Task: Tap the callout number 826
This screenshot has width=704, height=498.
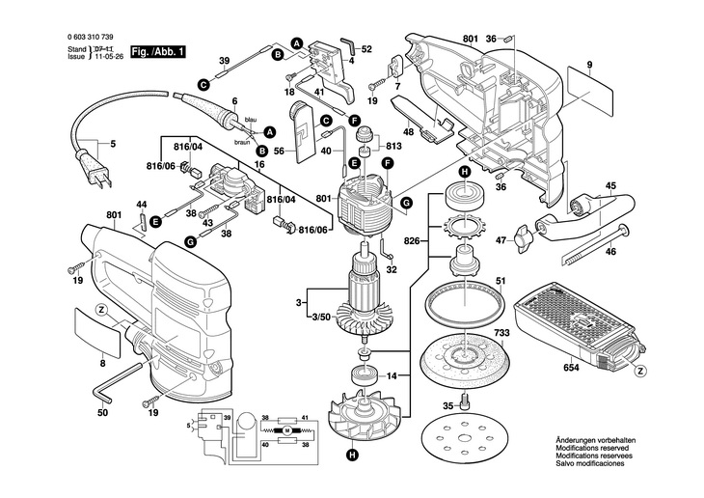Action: [412, 240]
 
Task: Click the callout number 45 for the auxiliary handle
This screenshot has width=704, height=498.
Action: [610, 186]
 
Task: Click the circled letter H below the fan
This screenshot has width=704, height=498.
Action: [354, 455]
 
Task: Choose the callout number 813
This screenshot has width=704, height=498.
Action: [393, 147]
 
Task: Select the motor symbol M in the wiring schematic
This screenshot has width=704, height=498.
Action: [286, 429]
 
